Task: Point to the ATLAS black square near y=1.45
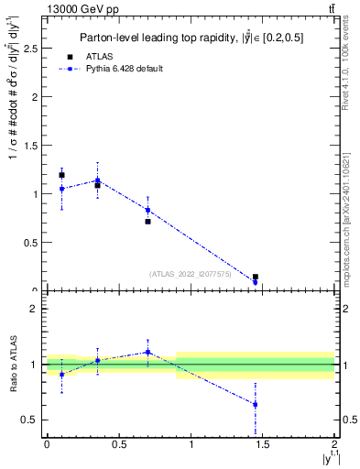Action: [256, 277]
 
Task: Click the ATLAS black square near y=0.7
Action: [147, 222]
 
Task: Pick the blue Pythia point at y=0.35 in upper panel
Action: [97, 180]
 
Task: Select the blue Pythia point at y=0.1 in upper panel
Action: [61, 189]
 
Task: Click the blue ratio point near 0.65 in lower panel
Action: [256, 404]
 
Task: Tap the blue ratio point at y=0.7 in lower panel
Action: [147, 352]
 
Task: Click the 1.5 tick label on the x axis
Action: [263, 445]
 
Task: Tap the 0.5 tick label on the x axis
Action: [118, 445]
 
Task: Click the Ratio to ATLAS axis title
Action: [12, 365]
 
